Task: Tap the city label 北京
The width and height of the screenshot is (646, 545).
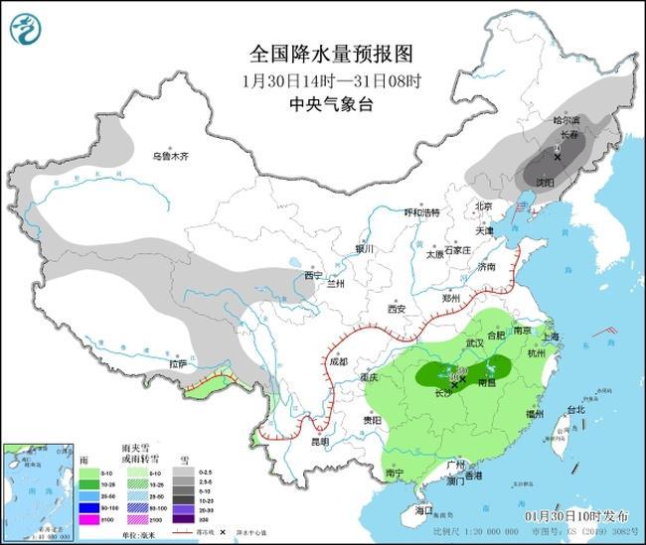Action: point(484,206)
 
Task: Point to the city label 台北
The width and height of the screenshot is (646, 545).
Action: point(576,409)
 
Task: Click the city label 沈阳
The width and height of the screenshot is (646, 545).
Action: point(544,184)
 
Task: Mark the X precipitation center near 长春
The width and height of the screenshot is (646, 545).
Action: point(558,157)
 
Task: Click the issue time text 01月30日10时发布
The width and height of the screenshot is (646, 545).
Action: point(576,517)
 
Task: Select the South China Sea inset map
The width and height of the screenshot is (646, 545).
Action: point(38,488)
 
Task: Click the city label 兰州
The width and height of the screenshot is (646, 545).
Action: point(337,284)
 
